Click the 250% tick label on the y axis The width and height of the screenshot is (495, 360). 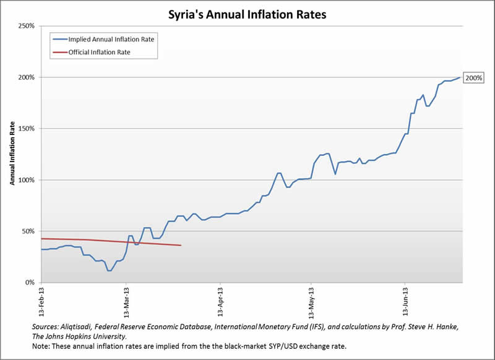[x=25, y=26]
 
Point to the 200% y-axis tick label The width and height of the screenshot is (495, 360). [x=25, y=77]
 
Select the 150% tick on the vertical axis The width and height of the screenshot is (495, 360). [x=25, y=129]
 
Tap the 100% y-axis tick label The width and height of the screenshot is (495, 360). [x=25, y=180]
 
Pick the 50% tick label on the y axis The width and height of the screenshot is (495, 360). [x=27, y=231]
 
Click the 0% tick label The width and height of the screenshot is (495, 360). [x=29, y=283]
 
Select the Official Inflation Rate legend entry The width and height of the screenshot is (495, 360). [x=95, y=53]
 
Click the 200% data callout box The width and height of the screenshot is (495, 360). [x=475, y=78]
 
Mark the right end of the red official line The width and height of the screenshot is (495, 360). [x=181, y=246]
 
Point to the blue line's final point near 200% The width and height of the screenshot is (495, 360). [x=460, y=77]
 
